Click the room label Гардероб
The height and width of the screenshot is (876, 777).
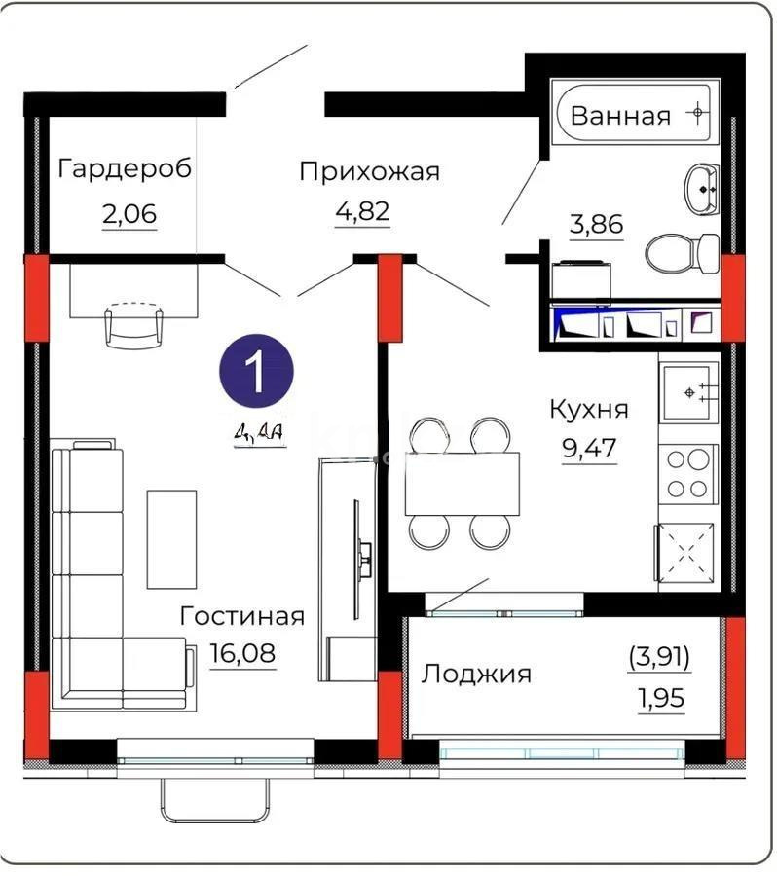click(125, 168)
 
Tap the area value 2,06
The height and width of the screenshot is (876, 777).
click(129, 213)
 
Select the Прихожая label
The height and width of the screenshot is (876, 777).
click(369, 171)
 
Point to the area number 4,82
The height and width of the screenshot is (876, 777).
click(362, 213)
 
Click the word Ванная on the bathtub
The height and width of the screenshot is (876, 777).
click(620, 116)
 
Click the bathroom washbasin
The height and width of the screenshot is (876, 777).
click(701, 189)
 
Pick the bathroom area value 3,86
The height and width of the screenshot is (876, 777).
click(595, 224)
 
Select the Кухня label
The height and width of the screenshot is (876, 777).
click(588, 408)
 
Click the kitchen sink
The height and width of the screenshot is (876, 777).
click(689, 392)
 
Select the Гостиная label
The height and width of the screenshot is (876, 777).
click(242, 616)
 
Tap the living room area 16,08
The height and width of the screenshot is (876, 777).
click(242, 653)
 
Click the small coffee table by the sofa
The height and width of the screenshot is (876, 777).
click(171, 538)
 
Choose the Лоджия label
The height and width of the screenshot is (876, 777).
click(476, 674)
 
